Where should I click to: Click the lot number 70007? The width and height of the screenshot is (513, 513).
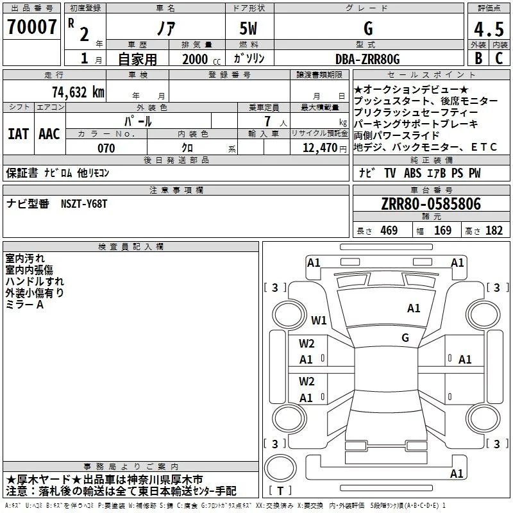pyautogui.click(x=31, y=27)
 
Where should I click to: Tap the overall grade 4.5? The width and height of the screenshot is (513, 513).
pyautogui.click(x=489, y=29)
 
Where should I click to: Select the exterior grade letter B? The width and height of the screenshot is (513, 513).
pyautogui.click(x=478, y=58)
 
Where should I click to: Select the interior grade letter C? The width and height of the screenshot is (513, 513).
pyautogui.click(x=499, y=58)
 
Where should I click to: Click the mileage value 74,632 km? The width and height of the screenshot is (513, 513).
pyautogui.click(x=78, y=92)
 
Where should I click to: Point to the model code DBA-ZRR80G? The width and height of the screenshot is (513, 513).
pyautogui.click(x=367, y=59)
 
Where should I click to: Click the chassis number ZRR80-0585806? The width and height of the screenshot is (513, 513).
pyautogui.click(x=431, y=204)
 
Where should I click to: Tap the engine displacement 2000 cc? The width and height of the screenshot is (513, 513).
pyautogui.click(x=201, y=59)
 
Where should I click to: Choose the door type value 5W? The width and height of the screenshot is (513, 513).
pyautogui.click(x=248, y=28)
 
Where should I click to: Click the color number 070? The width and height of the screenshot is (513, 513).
pyautogui.click(x=106, y=148)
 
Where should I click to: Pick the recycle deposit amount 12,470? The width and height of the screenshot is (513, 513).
pyautogui.click(x=320, y=148)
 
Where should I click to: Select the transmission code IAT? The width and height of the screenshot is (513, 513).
pyautogui.click(x=19, y=134)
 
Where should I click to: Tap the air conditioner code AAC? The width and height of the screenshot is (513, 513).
pyautogui.click(x=49, y=134)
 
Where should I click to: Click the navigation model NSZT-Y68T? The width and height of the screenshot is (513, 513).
pyautogui.click(x=84, y=204)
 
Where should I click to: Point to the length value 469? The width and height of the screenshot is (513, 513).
pyautogui.click(x=389, y=230)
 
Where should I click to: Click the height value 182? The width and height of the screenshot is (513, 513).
pyautogui.click(x=494, y=230)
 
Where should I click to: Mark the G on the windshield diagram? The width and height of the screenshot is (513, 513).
pyautogui.click(x=405, y=337)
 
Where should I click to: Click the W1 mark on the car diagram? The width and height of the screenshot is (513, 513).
pyautogui.click(x=319, y=320)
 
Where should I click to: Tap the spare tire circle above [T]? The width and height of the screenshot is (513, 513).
pyautogui.click(x=280, y=468)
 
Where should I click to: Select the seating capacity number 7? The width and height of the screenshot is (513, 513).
pyautogui.click(x=267, y=121)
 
